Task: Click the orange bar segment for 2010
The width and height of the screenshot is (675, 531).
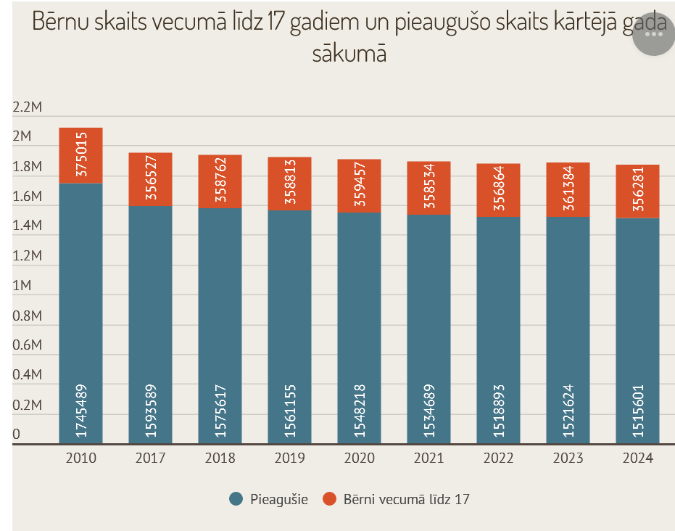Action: (x=80, y=156)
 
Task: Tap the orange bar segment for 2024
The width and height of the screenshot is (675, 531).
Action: (x=637, y=191)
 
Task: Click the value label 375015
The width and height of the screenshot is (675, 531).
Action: (x=81, y=154)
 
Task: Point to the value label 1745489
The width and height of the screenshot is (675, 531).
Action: (x=81, y=411)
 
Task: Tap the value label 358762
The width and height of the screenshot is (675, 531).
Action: (x=220, y=181)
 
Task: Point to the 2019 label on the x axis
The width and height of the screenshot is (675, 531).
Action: (x=290, y=458)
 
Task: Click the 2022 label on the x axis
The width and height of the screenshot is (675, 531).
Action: (x=499, y=458)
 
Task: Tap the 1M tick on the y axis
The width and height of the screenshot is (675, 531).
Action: (x=22, y=286)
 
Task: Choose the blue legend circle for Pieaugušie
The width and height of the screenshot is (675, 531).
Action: (x=235, y=499)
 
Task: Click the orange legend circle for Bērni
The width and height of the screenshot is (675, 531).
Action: (x=330, y=499)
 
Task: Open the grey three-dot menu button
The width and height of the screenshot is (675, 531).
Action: (x=653, y=34)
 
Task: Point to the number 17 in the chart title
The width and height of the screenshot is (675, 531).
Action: (x=274, y=22)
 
